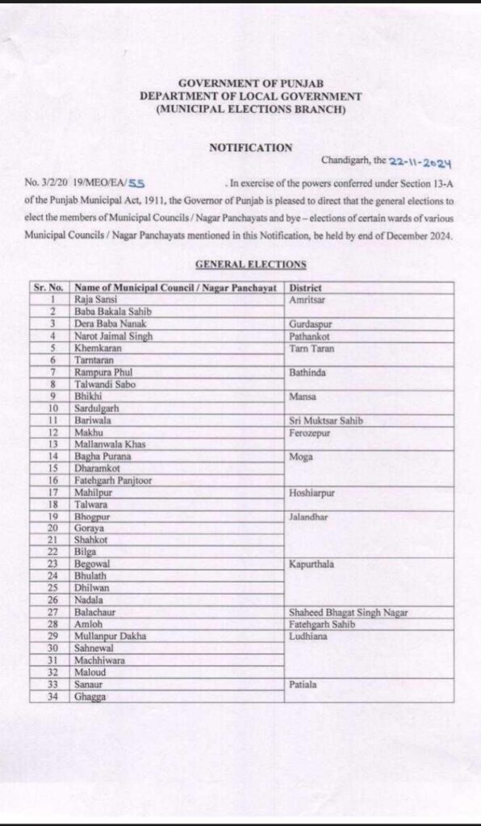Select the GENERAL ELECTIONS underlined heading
point(250,264)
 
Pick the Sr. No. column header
point(49,287)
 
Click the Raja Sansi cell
point(94,298)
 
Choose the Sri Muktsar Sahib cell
point(325,420)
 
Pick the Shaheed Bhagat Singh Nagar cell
point(348,613)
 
